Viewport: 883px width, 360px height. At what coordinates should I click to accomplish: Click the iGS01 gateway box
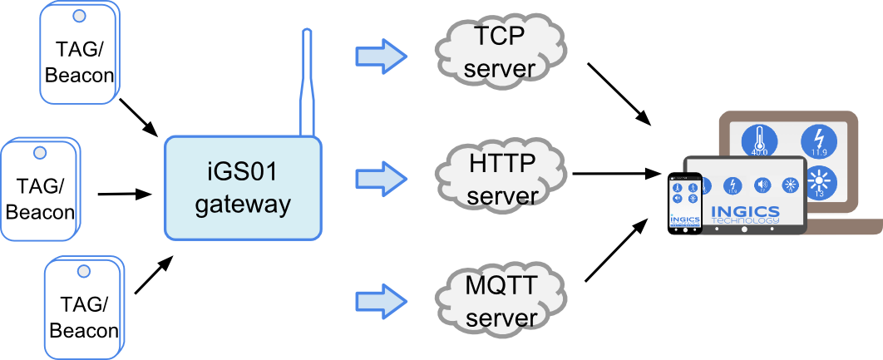243,190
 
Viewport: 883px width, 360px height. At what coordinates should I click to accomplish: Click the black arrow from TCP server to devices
619,93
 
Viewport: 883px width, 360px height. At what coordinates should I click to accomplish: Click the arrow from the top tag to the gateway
139,117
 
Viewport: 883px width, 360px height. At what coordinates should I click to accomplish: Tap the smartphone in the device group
686,202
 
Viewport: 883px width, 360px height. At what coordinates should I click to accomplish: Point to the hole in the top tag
79,15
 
